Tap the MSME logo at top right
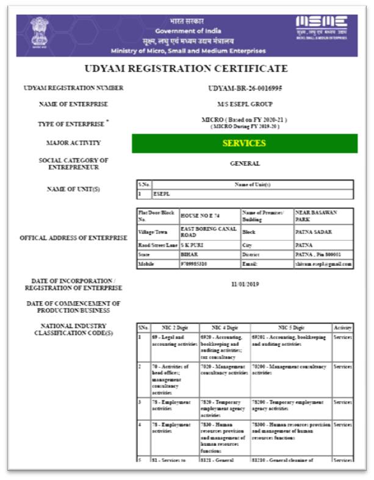(x=321, y=27)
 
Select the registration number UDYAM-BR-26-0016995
(x=245, y=88)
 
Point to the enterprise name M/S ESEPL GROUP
(x=245, y=104)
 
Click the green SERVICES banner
(x=244, y=143)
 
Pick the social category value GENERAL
(x=245, y=163)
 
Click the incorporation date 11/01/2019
(x=245, y=284)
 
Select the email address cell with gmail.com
(x=324, y=264)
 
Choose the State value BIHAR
(x=189, y=254)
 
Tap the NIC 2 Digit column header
(x=174, y=328)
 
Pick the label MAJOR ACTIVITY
(x=74, y=143)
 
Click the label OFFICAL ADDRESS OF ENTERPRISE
(x=74, y=238)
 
